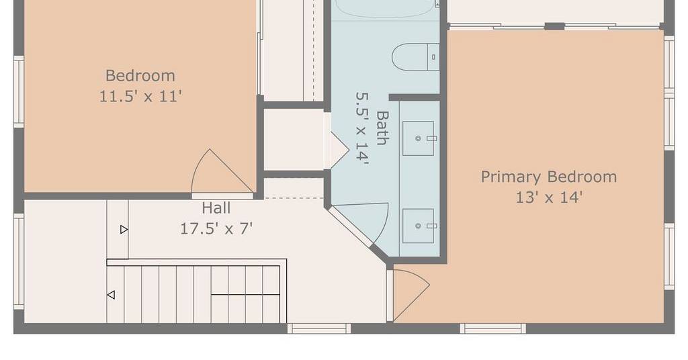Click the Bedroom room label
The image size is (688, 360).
point(140,76)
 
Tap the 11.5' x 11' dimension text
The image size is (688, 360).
point(140,96)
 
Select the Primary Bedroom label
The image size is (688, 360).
point(549,177)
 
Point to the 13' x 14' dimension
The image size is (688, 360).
point(549,197)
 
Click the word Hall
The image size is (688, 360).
point(216,208)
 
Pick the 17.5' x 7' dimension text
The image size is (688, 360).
point(216,228)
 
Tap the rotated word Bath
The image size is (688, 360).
point(382,128)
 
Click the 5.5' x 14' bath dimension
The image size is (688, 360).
point(362,128)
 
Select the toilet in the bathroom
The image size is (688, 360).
point(415,57)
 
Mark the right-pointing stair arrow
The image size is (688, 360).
point(124,229)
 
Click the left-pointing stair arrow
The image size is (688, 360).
point(111,295)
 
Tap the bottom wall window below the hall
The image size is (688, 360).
point(319,328)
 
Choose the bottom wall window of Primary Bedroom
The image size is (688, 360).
point(492,328)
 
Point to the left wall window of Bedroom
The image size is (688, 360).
point(19,91)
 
